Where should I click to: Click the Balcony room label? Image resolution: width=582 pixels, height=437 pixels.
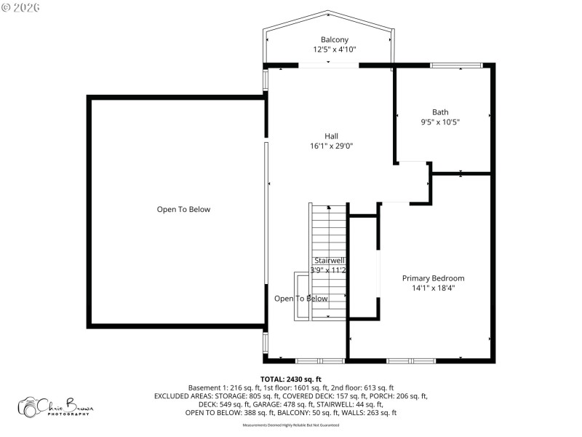(x=335, y=39)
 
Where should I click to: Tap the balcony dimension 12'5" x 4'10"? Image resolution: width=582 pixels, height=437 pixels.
(x=335, y=50)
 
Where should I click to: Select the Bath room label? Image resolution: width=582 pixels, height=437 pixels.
(x=440, y=112)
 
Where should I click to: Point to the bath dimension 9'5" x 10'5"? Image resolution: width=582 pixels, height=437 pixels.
(x=440, y=122)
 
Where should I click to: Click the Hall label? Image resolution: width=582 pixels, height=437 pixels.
(x=331, y=136)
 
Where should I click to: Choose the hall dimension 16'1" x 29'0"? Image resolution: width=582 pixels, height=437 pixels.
(x=331, y=146)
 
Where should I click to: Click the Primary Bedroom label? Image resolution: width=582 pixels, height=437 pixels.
(x=434, y=278)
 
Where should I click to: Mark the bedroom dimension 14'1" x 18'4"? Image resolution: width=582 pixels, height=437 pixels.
(x=434, y=288)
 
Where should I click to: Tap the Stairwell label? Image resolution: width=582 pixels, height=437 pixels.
(x=330, y=260)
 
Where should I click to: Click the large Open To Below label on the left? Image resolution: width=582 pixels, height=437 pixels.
(x=183, y=210)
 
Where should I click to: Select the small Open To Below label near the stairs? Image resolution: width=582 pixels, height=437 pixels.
(x=300, y=299)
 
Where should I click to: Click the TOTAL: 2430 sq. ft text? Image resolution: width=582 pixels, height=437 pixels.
(x=291, y=379)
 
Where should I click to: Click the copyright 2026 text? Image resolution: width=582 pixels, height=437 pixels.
(x=21, y=7)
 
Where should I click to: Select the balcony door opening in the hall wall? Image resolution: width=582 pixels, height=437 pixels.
(x=329, y=66)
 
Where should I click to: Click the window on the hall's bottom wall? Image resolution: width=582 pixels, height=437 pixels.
(x=320, y=360)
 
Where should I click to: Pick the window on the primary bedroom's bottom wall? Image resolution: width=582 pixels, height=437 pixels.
(x=410, y=360)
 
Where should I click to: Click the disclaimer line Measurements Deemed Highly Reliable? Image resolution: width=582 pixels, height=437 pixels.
(x=291, y=424)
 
